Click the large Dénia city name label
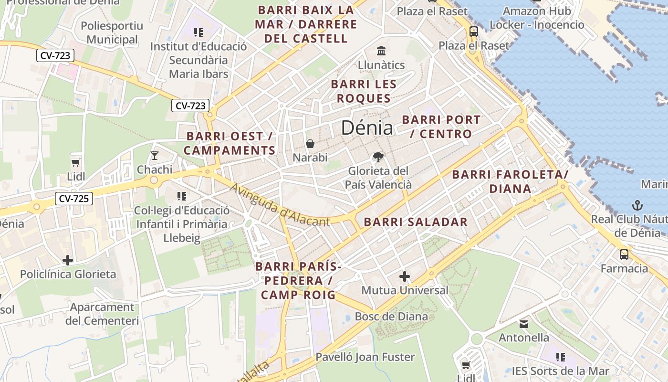click(367, 128)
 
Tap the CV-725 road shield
click(73, 199)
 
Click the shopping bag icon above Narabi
click(310, 144)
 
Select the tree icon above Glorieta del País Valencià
click(378, 157)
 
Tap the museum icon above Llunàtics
click(381, 51)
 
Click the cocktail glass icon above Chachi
click(155, 155)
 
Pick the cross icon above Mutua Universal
click(405, 276)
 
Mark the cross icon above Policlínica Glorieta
click(68, 260)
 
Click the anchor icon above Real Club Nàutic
click(637, 205)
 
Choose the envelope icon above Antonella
click(524, 324)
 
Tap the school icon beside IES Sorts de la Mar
click(561, 357)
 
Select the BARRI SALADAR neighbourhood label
click(416, 222)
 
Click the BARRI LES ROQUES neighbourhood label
click(364, 91)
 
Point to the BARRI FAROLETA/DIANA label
click(510, 181)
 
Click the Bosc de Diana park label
click(391, 316)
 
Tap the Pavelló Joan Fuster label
click(365, 357)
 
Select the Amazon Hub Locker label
click(537, 18)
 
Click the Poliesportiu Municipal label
click(112, 32)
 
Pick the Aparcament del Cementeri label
click(102, 314)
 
